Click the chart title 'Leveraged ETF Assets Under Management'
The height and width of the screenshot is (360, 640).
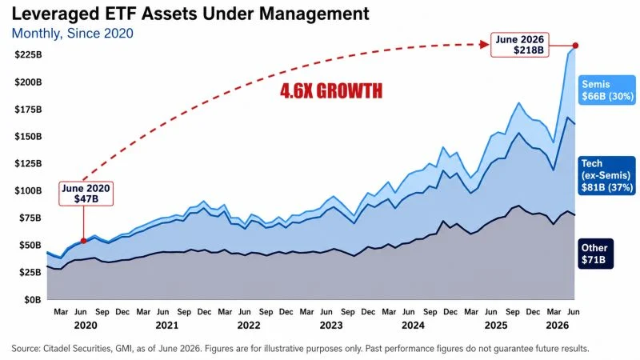[x=190, y=14]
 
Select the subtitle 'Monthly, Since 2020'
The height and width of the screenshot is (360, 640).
[x=72, y=33]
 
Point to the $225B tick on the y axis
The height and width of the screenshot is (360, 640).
[x=28, y=54]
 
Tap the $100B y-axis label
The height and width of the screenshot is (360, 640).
[x=28, y=190]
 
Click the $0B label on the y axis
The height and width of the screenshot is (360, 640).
[x=33, y=299]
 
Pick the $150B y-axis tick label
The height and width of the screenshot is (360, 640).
[x=28, y=136]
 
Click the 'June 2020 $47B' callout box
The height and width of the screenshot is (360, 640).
[x=86, y=194]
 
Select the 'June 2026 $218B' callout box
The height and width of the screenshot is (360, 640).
[x=519, y=45]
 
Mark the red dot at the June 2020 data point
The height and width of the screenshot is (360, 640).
[x=84, y=241]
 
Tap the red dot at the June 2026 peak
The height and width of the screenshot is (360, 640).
[x=575, y=46]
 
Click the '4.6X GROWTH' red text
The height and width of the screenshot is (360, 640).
[x=331, y=90]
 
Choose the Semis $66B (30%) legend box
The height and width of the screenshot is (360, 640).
[x=607, y=90]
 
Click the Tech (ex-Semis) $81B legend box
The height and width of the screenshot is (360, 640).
[x=606, y=175]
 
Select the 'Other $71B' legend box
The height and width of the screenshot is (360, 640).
[x=595, y=254]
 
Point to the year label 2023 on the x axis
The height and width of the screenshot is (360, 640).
[x=331, y=326]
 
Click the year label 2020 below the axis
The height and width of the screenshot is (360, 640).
[x=86, y=326]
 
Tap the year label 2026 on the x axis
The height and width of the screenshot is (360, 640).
[x=558, y=326]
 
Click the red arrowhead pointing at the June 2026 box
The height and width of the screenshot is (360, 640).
[x=485, y=44]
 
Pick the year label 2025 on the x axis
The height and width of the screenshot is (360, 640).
[x=496, y=326]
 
